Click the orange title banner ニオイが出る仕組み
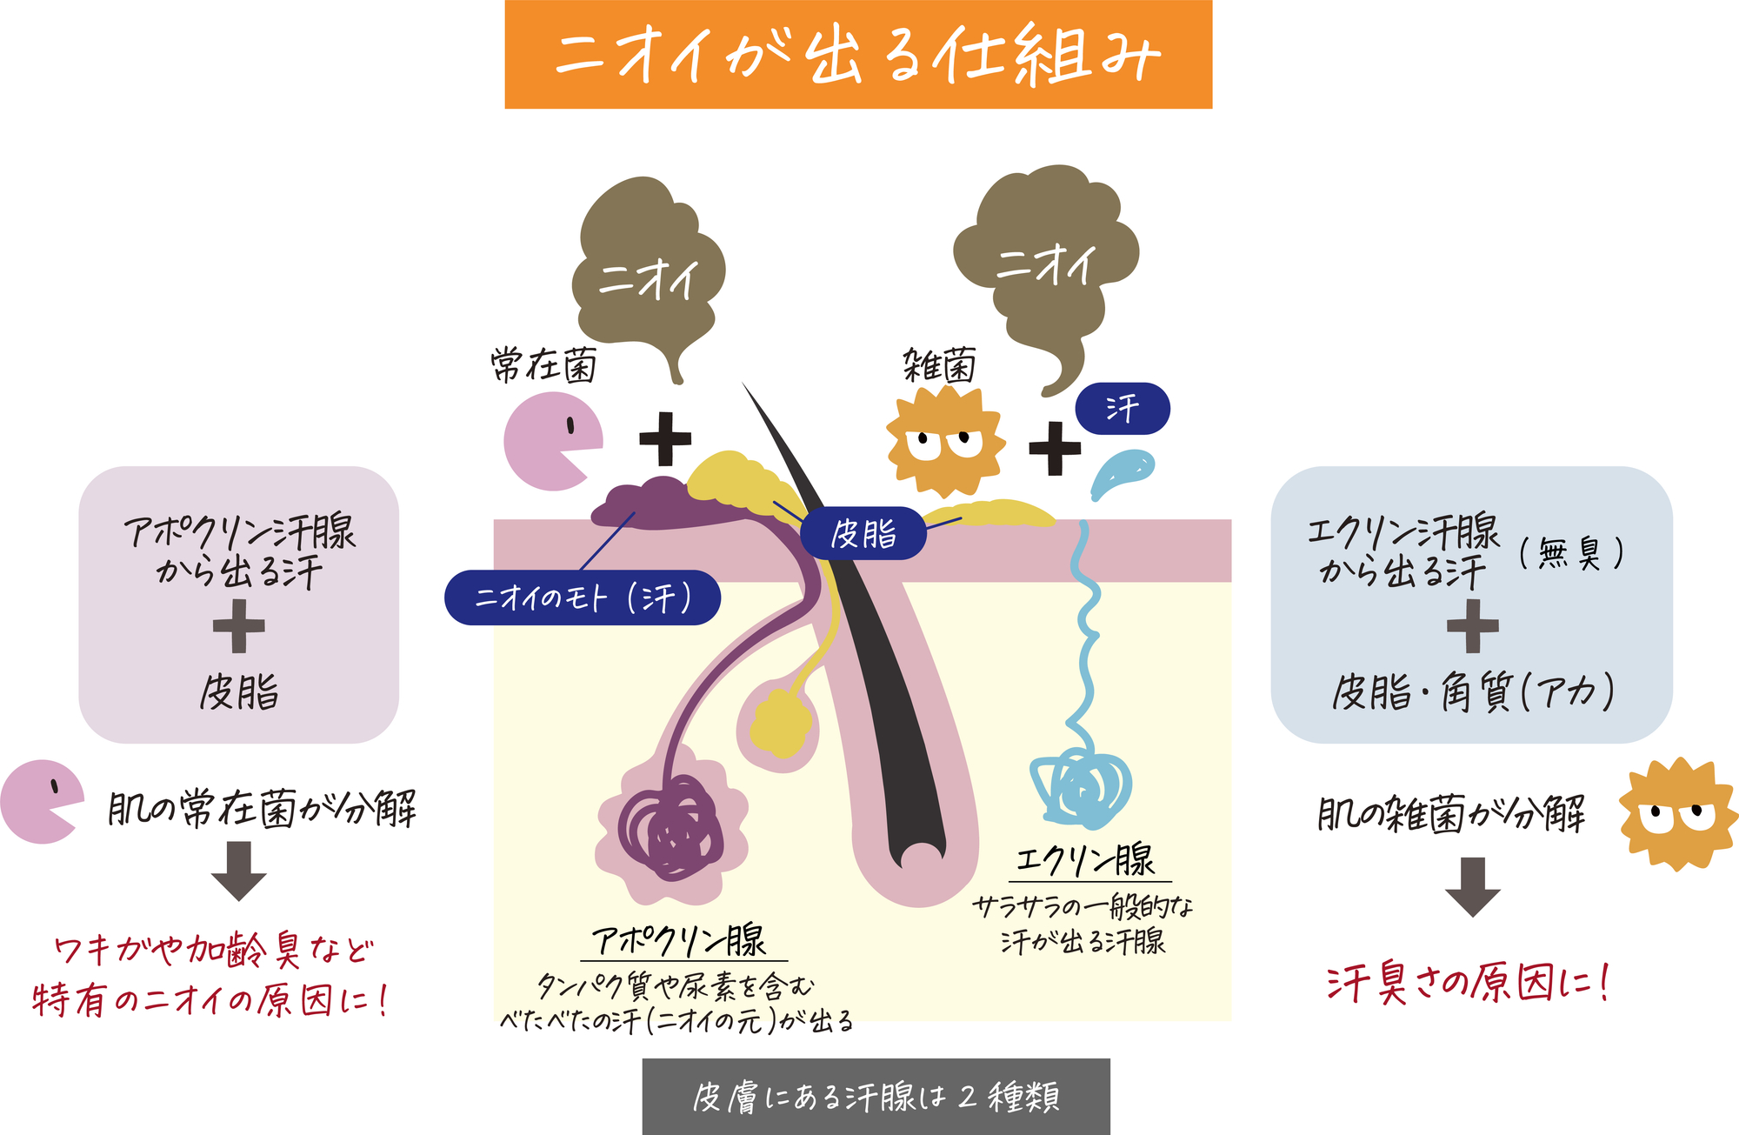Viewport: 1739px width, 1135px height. point(858,55)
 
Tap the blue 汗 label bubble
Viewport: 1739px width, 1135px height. point(1123,408)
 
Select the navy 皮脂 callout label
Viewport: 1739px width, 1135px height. point(863,533)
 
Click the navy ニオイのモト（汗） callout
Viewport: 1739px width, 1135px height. point(583,598)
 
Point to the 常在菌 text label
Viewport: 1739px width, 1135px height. point(543,365)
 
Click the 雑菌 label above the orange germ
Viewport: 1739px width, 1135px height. point(939,365)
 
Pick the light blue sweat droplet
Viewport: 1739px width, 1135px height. point(1122,472)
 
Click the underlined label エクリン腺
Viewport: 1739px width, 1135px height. point(1085,861)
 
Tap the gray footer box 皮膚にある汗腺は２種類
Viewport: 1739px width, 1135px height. point(876,1097)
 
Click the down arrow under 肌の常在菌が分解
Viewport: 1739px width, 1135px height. point(238,871)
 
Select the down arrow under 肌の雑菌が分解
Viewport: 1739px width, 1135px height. point(1472,886)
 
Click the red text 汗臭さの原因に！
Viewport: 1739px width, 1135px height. point(1468,984)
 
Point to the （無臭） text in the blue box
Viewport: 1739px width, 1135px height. point(1571,553)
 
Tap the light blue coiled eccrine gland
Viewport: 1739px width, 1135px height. point(1081,787)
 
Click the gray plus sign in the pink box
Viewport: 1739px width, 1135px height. point(238,626)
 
